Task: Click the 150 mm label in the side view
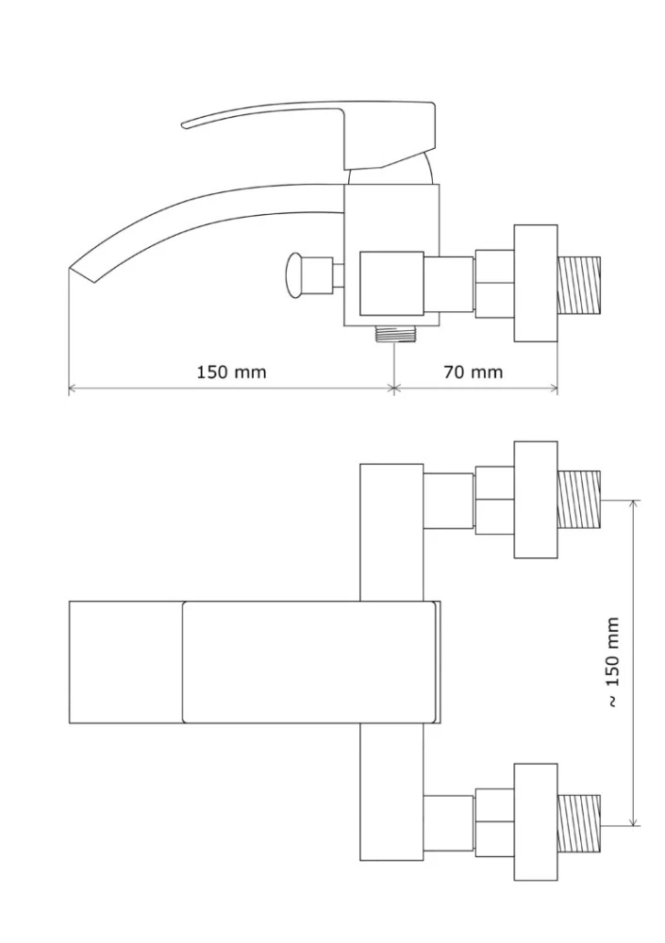click(x=231, y=372)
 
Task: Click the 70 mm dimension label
click(x=473, y=372)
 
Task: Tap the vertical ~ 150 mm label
click(x=612, y=662)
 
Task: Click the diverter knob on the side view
click(x=296, y=274)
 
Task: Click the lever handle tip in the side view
click(x=185, y=124)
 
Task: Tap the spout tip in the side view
click(x=71, y=269)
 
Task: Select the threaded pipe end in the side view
click(x=579, y=285)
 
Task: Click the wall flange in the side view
click(x=535, y=283)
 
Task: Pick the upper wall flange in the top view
click(x=535, y=500)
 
